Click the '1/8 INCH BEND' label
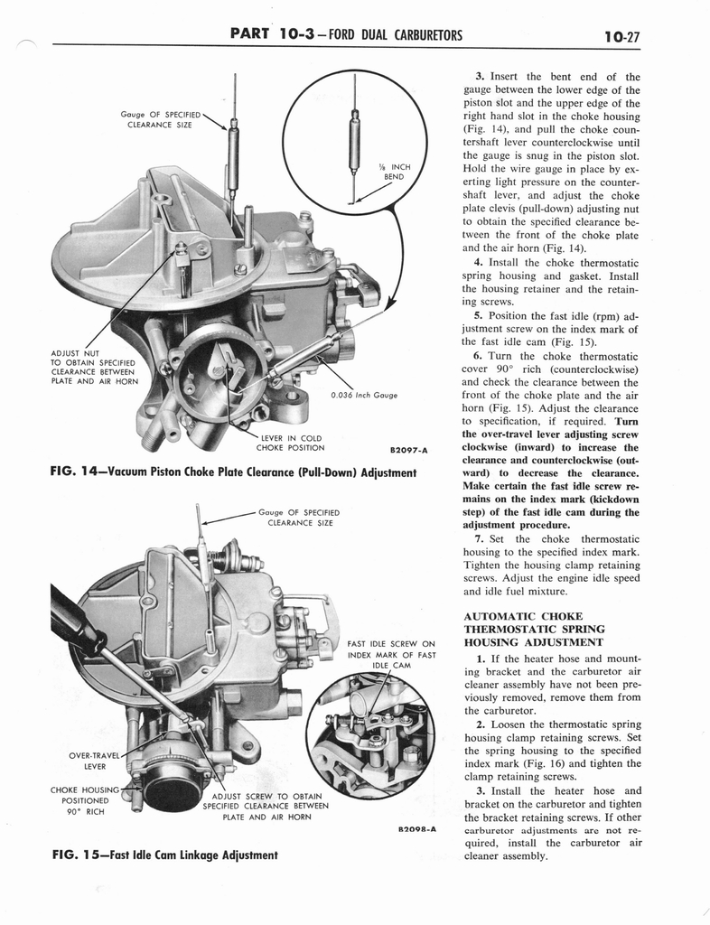click(x=397, y=172)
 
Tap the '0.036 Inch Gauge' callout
click(x=364, y=394)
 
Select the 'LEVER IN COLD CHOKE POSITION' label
click(x=290, y=443)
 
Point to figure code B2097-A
click(x=408, y=449)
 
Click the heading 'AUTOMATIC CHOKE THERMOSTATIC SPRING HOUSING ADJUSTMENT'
click(x=533, y=629)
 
